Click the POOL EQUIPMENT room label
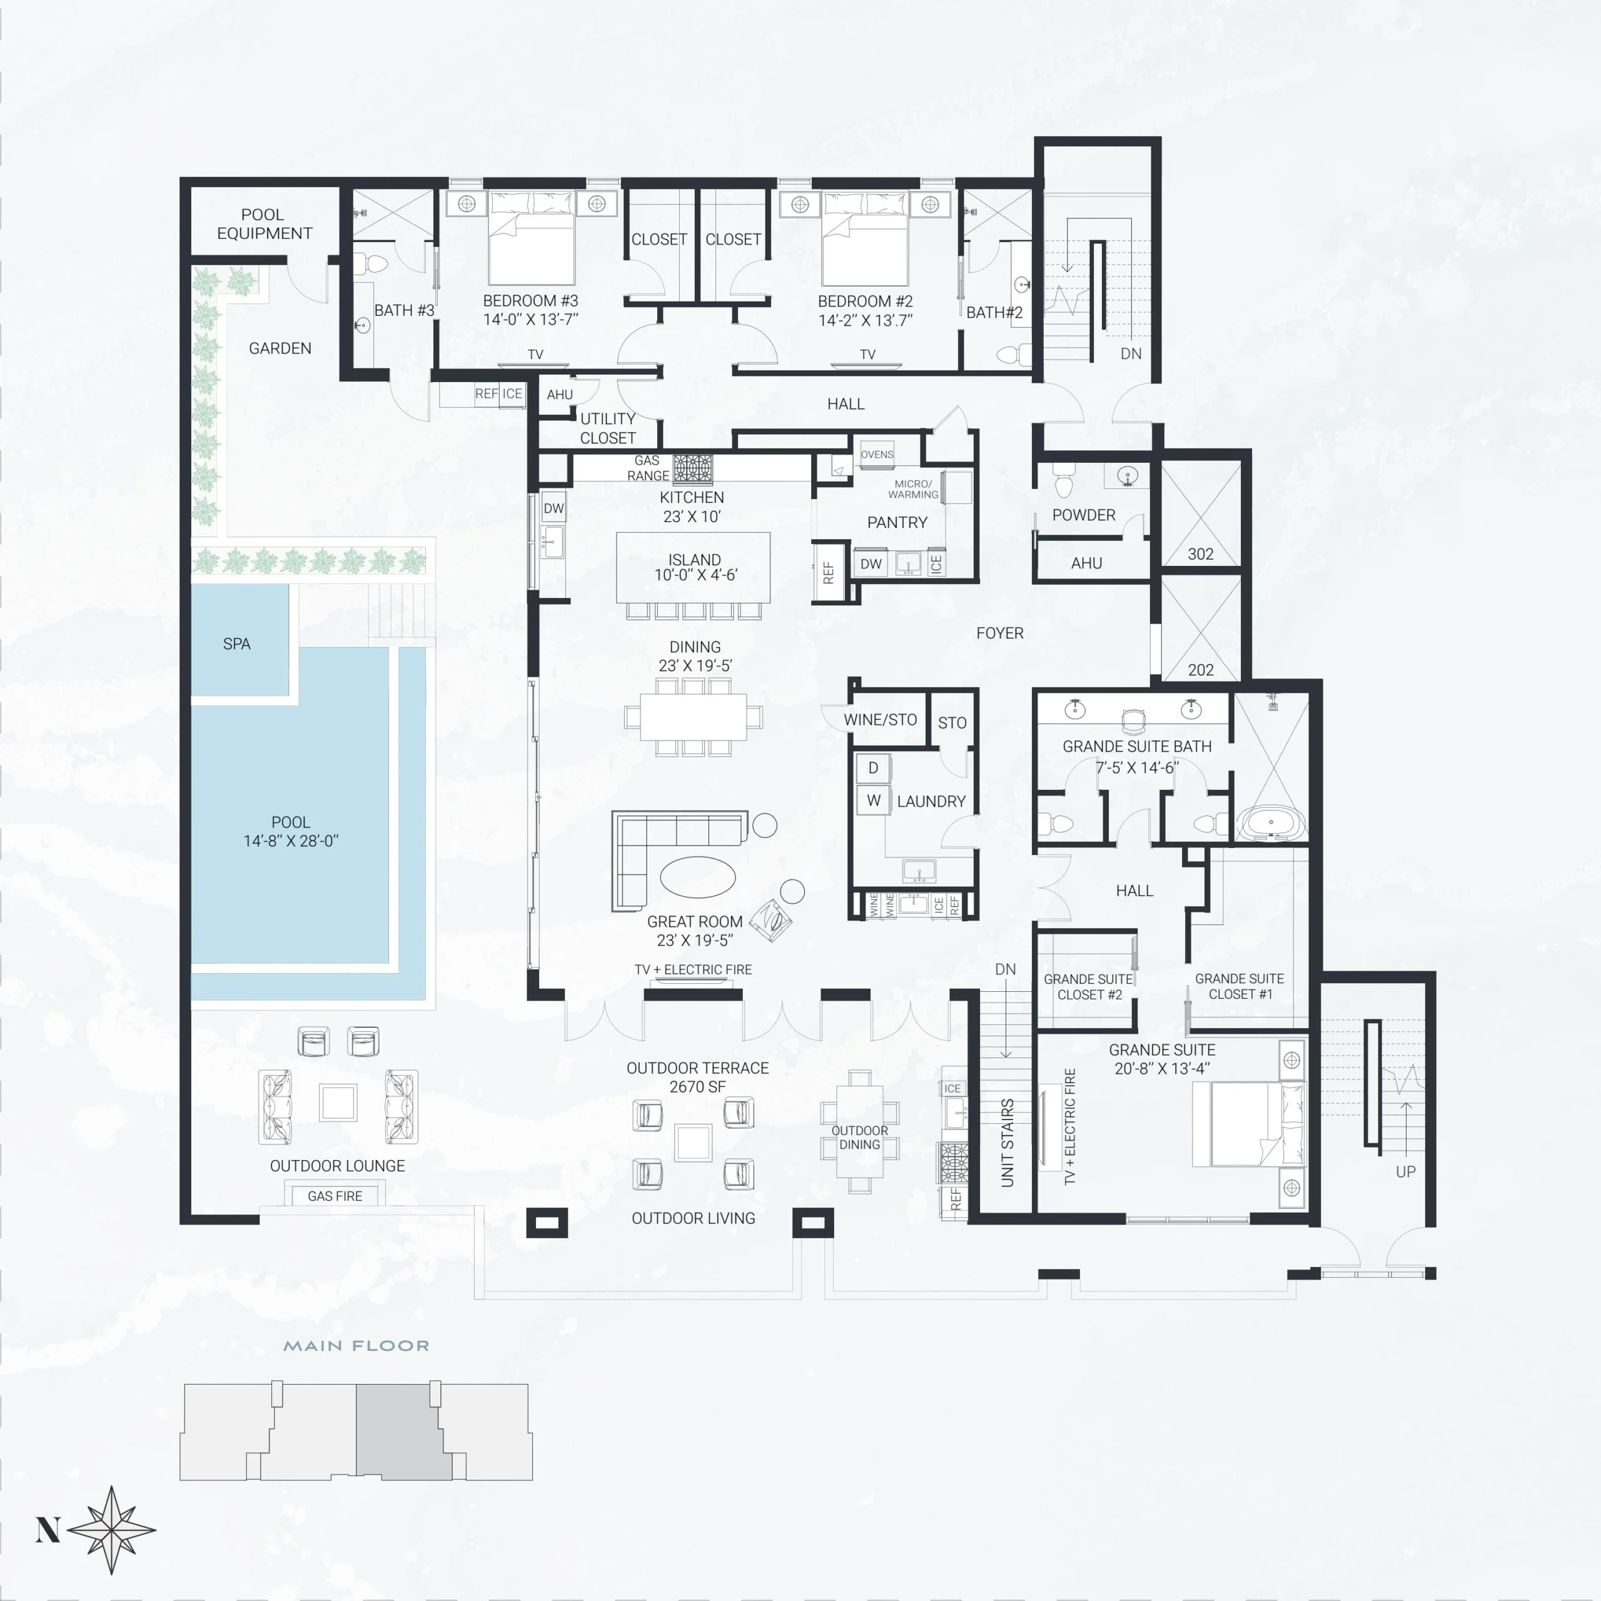pos(265,225)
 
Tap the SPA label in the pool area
pos(236,644)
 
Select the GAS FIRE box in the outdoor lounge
pos(335,1196)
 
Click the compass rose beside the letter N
pos(112,1530)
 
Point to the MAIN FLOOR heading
pos(356,1346)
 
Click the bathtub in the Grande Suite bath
pos(1271,823)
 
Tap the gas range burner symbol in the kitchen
pos(693,468)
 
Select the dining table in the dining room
pos(694,716)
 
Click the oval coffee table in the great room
pos(698,877)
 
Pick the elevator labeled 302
pos(1201,515)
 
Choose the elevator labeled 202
pos(1201,629)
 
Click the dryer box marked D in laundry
pos(874,768)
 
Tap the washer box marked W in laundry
pos(874,800)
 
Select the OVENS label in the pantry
pos(877,454)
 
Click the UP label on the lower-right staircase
pos(1405,1172)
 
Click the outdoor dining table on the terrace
pos(859,1131)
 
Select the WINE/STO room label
pos(880,719)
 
